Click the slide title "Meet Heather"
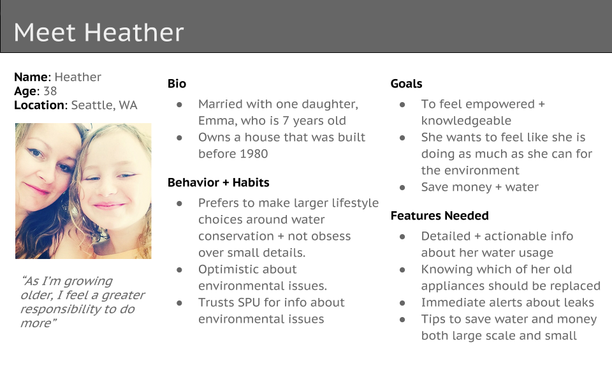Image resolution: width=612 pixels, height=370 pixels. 99,32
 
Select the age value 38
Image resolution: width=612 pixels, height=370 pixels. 50,91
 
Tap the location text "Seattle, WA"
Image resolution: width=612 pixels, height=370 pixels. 104,105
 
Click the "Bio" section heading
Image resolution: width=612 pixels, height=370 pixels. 177,84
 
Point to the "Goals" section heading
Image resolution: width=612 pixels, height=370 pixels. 406,84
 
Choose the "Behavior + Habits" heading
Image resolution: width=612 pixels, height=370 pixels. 219,182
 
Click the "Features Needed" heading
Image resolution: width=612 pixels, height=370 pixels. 439,216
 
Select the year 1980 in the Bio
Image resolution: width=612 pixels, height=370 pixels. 254,154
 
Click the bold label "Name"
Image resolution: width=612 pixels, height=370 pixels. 31,77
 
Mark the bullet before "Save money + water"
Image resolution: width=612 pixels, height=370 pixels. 402,188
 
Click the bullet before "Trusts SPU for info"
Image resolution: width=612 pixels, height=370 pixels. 180,303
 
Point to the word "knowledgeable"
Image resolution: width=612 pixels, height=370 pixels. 466,121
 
